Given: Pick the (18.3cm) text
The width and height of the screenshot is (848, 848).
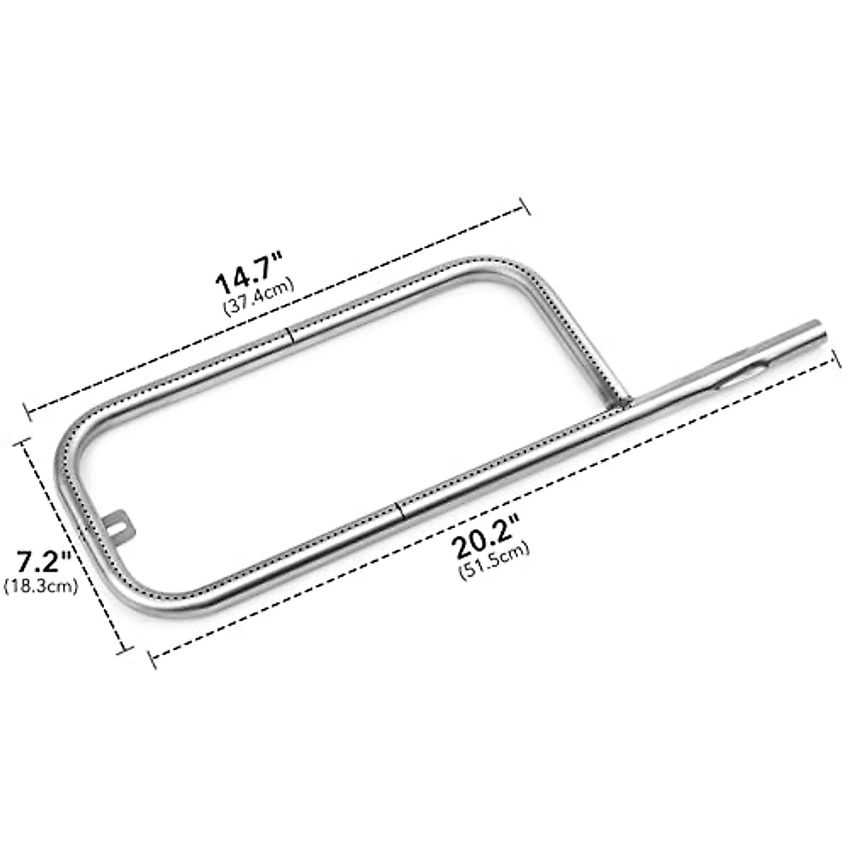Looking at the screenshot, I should (40, 586).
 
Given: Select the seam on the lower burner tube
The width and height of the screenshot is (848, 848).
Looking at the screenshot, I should (399, 510).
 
